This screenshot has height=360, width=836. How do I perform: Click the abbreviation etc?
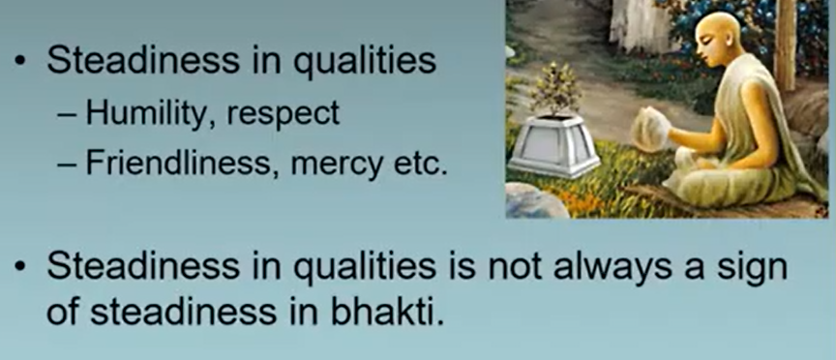pos(420,165)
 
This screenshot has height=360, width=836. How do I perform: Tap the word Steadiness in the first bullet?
pos(143,60)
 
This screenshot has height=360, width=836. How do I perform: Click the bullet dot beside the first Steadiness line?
pos(20,61)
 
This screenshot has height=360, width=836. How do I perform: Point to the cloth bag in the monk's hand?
pos(651,129)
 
